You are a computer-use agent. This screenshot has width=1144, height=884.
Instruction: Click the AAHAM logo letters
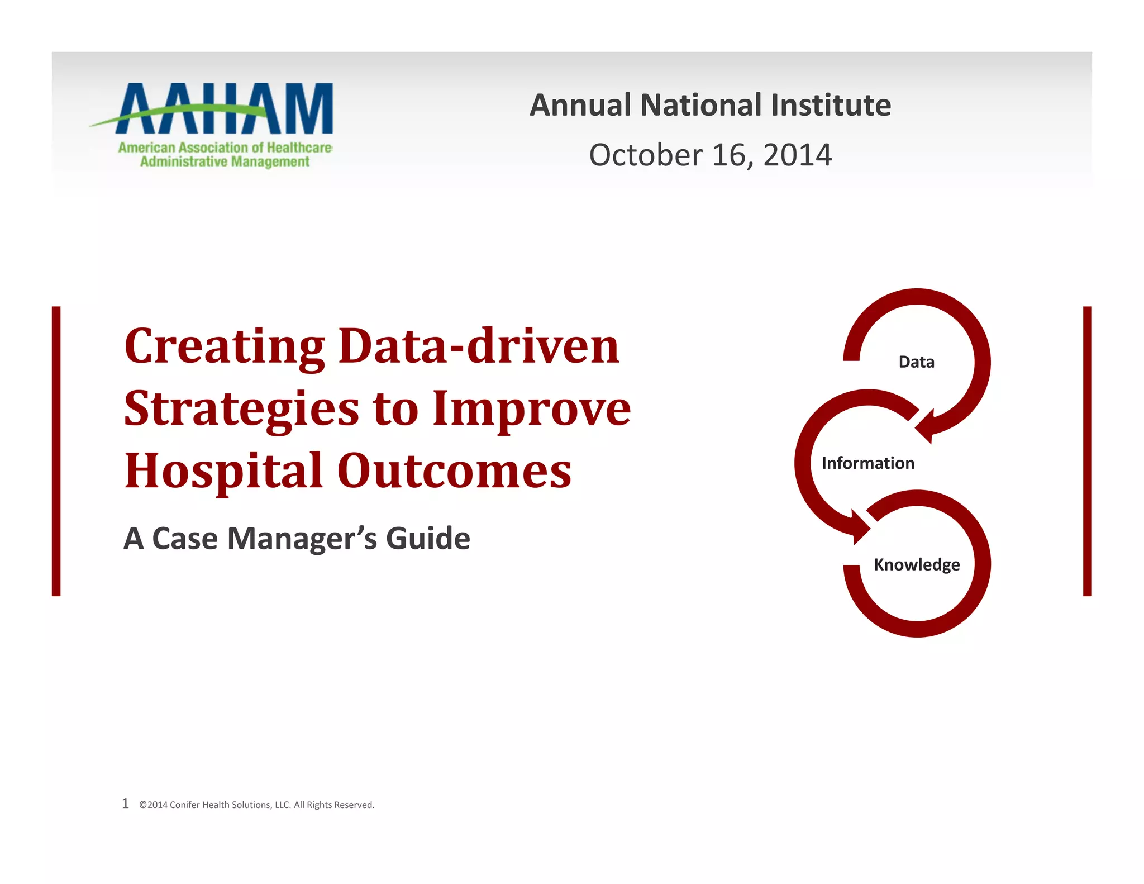tap(223, 109)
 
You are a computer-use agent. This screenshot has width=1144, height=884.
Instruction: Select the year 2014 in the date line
tap(797, 155)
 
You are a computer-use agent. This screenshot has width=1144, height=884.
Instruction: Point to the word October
tap(645, 155)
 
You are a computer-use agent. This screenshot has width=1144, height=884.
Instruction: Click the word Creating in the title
tap(224, 346)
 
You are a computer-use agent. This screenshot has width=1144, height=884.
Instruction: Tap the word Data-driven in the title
tap(479, 346)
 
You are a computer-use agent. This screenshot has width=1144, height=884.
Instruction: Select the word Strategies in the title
tap(241, 409)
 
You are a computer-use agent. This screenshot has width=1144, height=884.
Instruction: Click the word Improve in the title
tap(531, 409)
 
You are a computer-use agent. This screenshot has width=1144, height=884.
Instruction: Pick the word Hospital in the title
tap(223, 470)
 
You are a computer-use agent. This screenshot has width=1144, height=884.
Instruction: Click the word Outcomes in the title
tap(454, 470)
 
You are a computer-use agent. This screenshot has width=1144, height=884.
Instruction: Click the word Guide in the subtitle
tap(428, 538)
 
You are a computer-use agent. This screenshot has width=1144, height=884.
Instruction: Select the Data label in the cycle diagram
tap(916, 362)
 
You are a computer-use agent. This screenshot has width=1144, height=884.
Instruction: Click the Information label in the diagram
tap(867, 463)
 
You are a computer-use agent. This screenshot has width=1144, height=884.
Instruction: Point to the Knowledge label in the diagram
tap(916, 564)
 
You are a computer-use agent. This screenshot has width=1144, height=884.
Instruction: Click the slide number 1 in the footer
tap(125, 804)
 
